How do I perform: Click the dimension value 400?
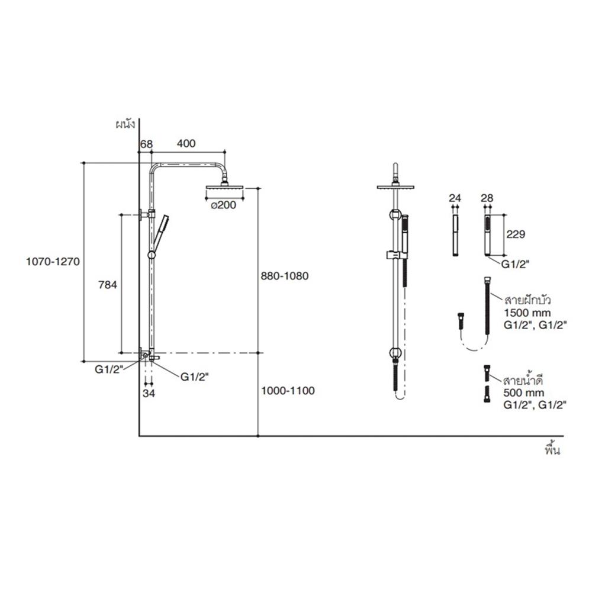pyautogui.click(x=186, y=144)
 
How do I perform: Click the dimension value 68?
pyautogui.click(x=146, y=144)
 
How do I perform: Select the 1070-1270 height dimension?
pyautogui.click(x=53, y=261)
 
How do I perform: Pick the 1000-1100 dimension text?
pyautogui.click(x=287, y=391)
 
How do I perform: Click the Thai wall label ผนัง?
pyautogui.click(x=126, y=125)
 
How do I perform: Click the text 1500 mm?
pyautogui.click(x=526, y=312)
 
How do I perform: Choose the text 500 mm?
pyautogui.click(x=523, y=392)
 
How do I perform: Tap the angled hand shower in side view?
pyautogui.click(x=159, y=233)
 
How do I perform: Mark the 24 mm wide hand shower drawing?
pyautogui.click(x=455, y=236)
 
